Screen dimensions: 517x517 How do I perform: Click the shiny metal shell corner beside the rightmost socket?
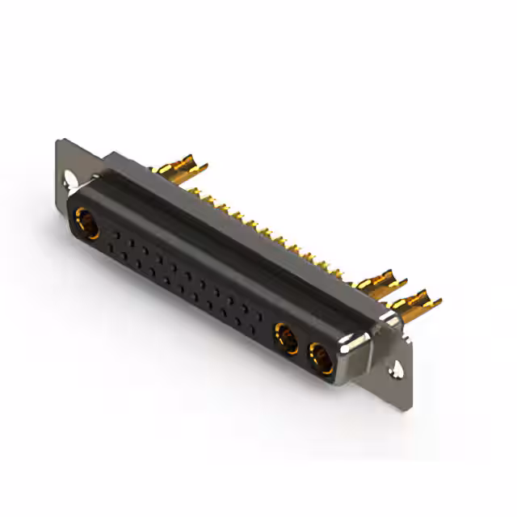tap(355, 355)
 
